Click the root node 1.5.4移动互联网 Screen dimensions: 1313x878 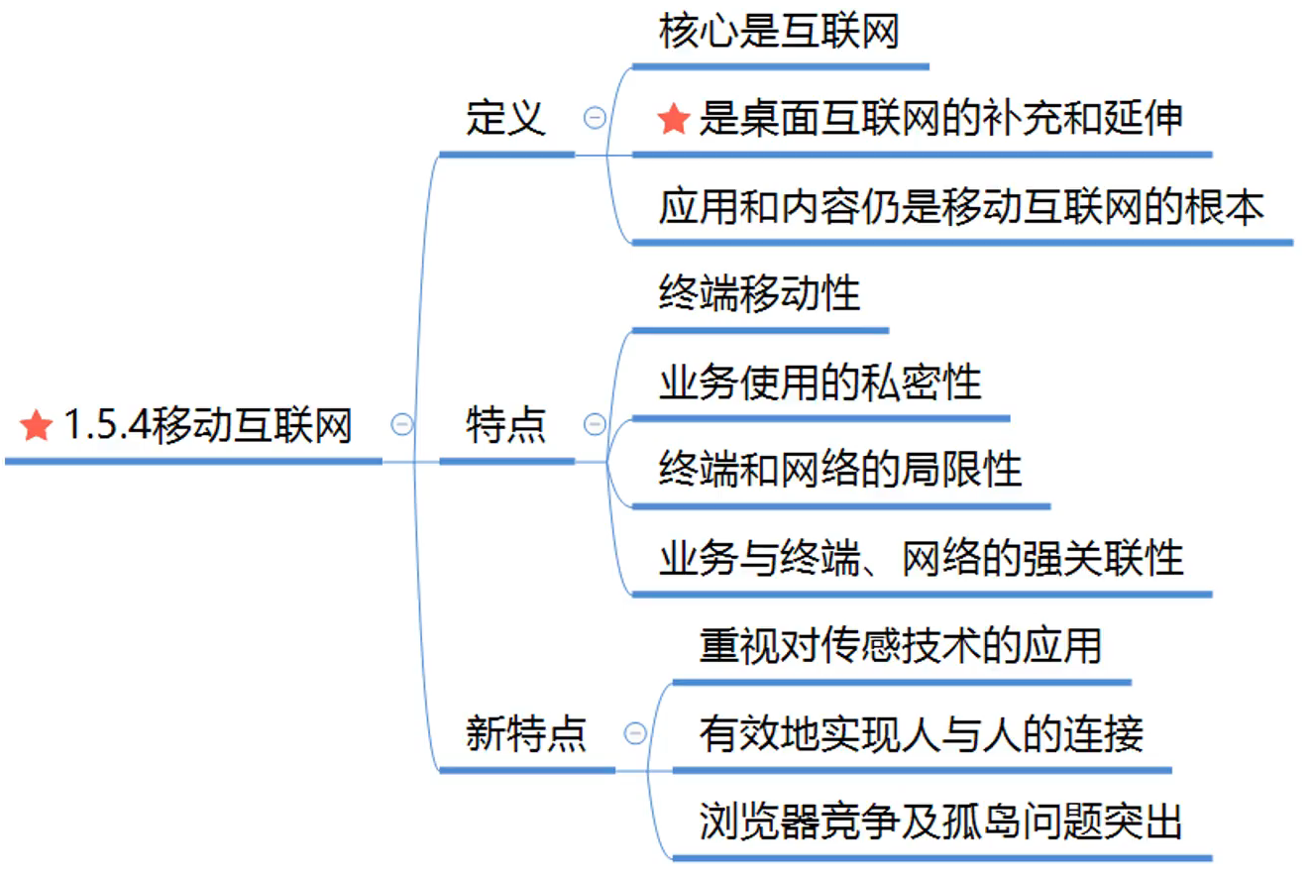[x=207, y=426]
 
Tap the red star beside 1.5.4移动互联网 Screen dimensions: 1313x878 [x=36, y=427]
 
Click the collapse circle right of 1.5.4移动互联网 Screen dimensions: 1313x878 [x=402, y=424]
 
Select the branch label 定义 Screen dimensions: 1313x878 [x=505, y=118]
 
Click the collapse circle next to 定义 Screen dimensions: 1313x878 [x=595, y=118]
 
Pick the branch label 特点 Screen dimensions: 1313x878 [x=505, y=426]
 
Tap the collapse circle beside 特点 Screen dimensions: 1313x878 [x=595, y=425]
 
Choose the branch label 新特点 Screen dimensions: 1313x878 [x=525, y=734]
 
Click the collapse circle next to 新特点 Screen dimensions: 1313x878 [x=635, y=734]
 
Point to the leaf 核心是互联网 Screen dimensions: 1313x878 [x=779, y=32]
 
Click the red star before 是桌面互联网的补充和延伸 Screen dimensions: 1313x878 [x=673, y=120]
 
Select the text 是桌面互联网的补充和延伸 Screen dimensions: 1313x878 [x=940, y=119]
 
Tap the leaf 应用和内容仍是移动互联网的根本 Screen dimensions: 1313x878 [x=961, y=207]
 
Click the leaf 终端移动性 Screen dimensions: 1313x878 [x=759, y=293]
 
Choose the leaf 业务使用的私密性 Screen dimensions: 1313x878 [x=820, y=382]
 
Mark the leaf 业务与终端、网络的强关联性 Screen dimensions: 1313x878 [x=921, y=557]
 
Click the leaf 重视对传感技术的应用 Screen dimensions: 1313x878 [x=900, y=645]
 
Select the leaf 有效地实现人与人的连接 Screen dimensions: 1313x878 [x=921, y=733]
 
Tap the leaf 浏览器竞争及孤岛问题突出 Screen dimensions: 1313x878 [x=940, y=822]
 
